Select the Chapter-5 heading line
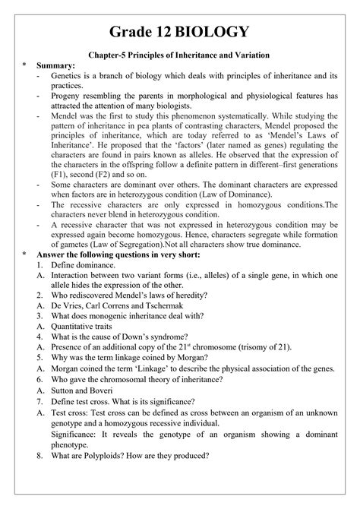pyautogui.click(x=180, y=55)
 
